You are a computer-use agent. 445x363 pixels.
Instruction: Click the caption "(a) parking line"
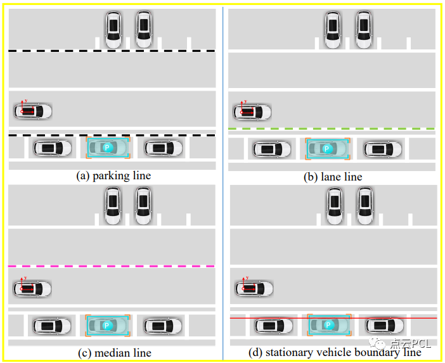[x=113, y=175]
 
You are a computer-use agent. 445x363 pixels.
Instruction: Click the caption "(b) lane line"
[x=333, y=177]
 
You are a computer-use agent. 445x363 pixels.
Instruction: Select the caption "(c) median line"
[x=113, y=352]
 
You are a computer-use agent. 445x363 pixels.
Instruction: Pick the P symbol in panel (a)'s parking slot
[x=106, y=148]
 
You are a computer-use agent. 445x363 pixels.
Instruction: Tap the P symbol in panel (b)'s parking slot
[x=326, y=149]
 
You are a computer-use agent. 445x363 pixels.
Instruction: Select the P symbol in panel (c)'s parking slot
[x=106, y=326]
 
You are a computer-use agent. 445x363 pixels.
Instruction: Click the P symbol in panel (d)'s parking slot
[x=328, y=325]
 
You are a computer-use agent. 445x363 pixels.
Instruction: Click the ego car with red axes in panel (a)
[x=33, y=111]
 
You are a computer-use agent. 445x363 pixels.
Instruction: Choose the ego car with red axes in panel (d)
[x=254, y=288]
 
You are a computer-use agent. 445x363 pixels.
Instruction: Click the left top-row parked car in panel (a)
[x=113, y=29]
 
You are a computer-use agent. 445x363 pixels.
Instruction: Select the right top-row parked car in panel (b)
[x=363, y=29]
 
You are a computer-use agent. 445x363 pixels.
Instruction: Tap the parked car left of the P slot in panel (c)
[x=52, y=326]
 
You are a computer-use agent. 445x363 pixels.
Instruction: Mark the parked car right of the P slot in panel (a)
[x=163, y=148]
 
